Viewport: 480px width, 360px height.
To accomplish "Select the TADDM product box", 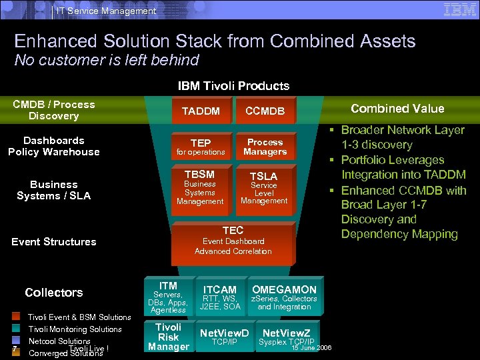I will pyautogui.click(x=200, y=111).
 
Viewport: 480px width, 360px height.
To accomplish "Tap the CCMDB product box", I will pyautogui.click(x=265, y=111).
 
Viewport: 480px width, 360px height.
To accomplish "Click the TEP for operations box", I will pyautogui.click(x=200, y=147).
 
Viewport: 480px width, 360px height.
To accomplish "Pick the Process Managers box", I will pyautogui.click(x=265, y=147).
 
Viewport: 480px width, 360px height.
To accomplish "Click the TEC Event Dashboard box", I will pyautogui.click(x=233, y=241).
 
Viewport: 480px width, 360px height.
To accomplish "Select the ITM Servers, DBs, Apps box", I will pyautogui.click(x=168, y=297).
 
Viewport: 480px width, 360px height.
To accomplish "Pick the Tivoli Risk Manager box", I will pyautogui.click(x=168, y=337).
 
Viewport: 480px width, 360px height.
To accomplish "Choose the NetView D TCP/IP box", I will pyautogui.click(x=224, y=337).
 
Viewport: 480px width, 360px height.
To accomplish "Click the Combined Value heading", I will pyautogui.click(x=397, y=109).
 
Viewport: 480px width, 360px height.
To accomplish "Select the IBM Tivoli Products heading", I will pyautogui.click(x=233, y=86).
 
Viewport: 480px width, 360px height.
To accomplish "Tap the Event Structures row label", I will pyautogui.click(x=54, y=241).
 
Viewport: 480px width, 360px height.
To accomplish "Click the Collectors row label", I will pyautogui.click(x=54, y=292).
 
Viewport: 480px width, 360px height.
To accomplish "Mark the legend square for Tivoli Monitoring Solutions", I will pyautogui.click(x=16, y=329).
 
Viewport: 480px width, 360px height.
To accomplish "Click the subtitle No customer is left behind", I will pyautogui.click(x=107, y=61).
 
